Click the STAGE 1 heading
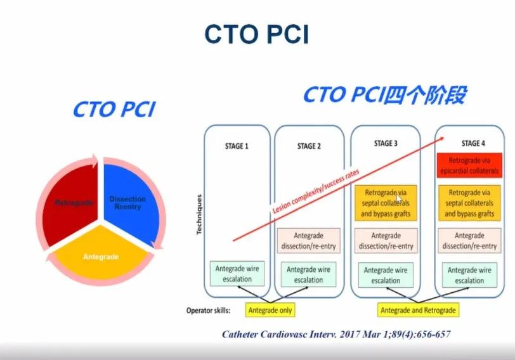[x=237, y=146]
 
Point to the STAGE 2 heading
[x=309, y=146]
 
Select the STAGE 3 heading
[x=386, y=144]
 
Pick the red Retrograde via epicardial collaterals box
[x=470, y=165]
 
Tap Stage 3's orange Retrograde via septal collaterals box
[x=386, y=203]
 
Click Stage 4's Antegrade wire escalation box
[x=470, y=274]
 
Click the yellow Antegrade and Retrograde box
[x=418, y=311]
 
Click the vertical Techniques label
[x=199, y=215]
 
